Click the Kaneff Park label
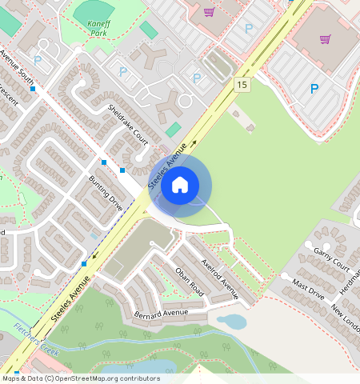click(98, 30)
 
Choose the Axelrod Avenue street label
click(221, 278)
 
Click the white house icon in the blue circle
click(180, 186)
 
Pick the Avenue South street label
click(18, 67)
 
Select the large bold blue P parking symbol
click(314, 89)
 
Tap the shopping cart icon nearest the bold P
click(325, 38)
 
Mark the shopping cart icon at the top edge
click(209, 11)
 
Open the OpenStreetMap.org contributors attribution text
click(80, 378)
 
